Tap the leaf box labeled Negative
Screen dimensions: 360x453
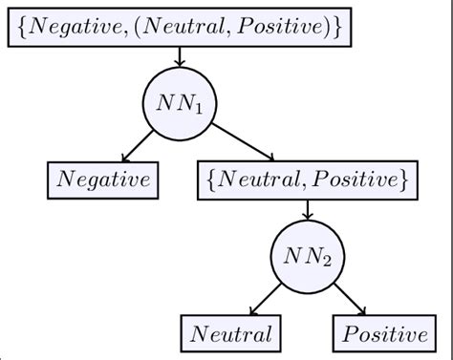tap(104, 179)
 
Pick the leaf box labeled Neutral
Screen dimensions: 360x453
tap(230, 333)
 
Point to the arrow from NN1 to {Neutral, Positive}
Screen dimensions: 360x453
tap(243, 141)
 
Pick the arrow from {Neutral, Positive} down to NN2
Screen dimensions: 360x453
tap(306, 208)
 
